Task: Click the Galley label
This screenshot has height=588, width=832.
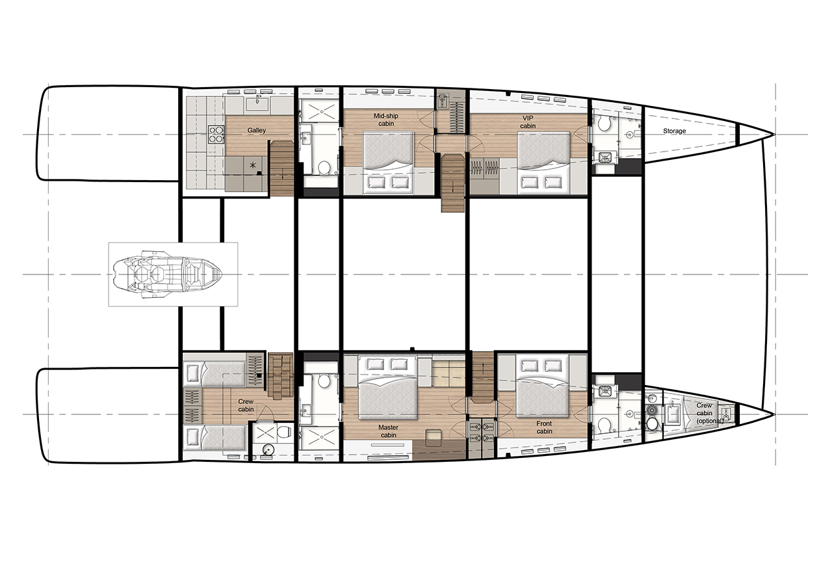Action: (257, 131)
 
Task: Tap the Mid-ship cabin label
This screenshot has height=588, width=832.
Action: (386, 120)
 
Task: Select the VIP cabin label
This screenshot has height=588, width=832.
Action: (528, 122)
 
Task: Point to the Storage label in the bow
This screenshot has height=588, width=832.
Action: (675, 131)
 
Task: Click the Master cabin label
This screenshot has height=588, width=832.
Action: (389, 431)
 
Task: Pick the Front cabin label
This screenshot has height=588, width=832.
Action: (544, 427)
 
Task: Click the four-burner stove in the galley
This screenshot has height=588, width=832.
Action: (216, 135)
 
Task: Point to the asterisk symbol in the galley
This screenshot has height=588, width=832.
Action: (253, 165)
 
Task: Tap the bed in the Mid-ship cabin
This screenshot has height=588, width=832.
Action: (388, 163)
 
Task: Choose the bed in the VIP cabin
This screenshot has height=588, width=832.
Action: (543, 163)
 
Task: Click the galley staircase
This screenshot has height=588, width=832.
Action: (281, 168)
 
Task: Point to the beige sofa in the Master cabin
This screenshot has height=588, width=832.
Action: (448, 373)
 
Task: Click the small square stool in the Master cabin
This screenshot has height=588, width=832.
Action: (434, 438)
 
